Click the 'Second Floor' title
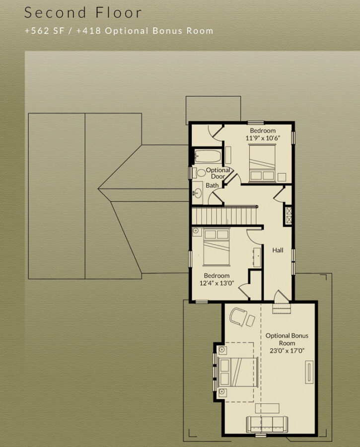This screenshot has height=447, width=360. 83,13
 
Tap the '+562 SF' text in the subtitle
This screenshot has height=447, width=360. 45,31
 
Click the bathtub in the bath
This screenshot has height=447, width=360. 208,156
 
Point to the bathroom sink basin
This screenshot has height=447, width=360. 197,193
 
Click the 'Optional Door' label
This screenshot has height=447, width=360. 218,173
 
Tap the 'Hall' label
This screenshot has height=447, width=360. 278,250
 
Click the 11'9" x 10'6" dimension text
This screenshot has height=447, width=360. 263,138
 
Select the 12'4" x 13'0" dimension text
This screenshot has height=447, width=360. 216,284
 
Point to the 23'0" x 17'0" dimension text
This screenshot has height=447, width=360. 287,351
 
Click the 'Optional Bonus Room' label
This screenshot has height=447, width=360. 287,339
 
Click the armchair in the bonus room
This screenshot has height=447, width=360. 238,316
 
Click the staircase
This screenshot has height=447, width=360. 224,216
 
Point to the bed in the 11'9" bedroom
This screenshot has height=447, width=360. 262,163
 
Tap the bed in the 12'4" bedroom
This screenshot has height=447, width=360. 216,246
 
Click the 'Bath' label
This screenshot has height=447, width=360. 212,185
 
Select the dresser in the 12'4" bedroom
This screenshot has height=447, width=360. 257,257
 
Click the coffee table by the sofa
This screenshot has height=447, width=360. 267,408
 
